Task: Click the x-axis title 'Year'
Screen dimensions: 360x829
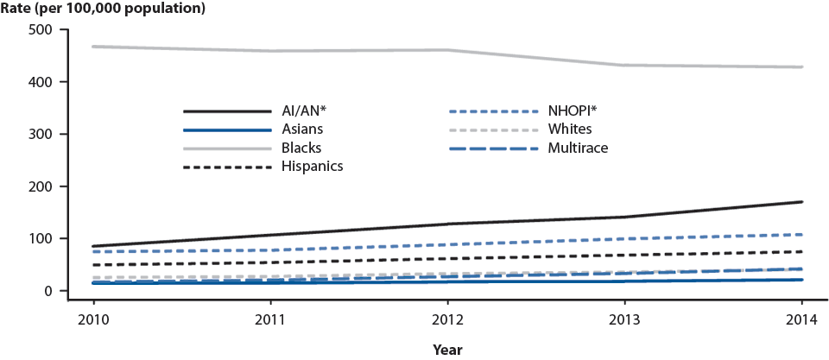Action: [448, 350]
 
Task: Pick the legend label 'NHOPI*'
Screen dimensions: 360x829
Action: [576, 111]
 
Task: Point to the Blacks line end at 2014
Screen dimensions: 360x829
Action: [802, 67]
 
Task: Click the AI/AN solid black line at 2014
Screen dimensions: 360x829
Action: [802, 202]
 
